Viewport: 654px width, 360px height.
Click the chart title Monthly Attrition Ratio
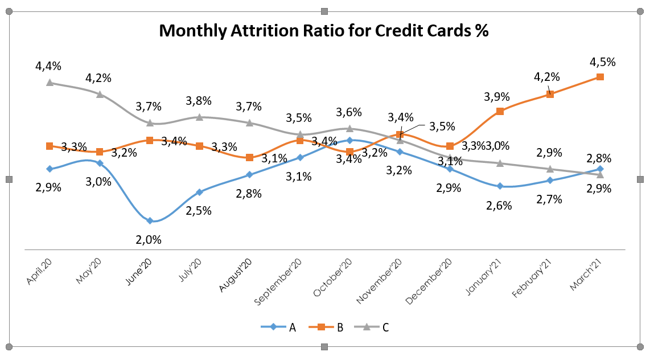click(x=324, y=31)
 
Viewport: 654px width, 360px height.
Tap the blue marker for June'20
click(x=150, y=220)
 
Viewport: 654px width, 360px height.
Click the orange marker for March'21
click(x=600, y=77)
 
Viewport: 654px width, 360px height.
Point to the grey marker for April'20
click(x=50, y=83)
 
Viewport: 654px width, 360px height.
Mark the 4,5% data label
click(x=603, y=62)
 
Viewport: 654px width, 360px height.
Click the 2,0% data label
click(x=148, y=240)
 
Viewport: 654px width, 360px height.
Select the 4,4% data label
click(x=48, y=67)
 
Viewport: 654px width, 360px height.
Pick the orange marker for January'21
click(x=500, y=111)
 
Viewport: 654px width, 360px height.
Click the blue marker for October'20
click(x=349, y=140)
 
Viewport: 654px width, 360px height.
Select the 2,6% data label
click(x=499, y=206)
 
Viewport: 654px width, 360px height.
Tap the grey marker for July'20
click(x=200, y=117)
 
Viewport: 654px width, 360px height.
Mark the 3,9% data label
click(x=497, y=96)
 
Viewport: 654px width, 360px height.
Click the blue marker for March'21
click(x=600, y=169)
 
